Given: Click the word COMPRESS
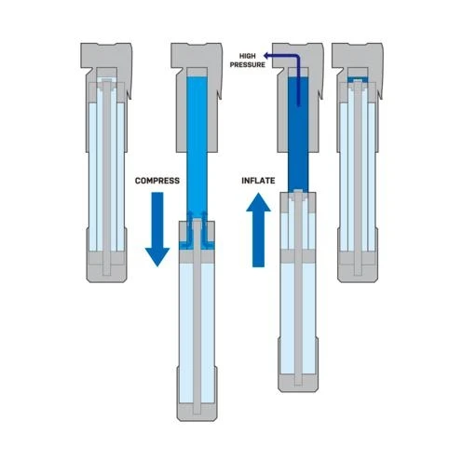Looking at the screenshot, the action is coord(157,181).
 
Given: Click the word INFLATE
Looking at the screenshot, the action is coord(258,181).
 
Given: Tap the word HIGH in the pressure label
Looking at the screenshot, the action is coord(248,56).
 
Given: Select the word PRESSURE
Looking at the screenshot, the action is coord(248,64).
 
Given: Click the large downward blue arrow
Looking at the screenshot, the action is coord(157,229).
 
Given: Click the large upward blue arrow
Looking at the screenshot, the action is coord(258,230).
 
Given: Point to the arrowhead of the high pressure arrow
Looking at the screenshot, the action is coord(266,56).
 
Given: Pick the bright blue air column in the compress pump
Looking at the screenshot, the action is coord(197,146).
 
